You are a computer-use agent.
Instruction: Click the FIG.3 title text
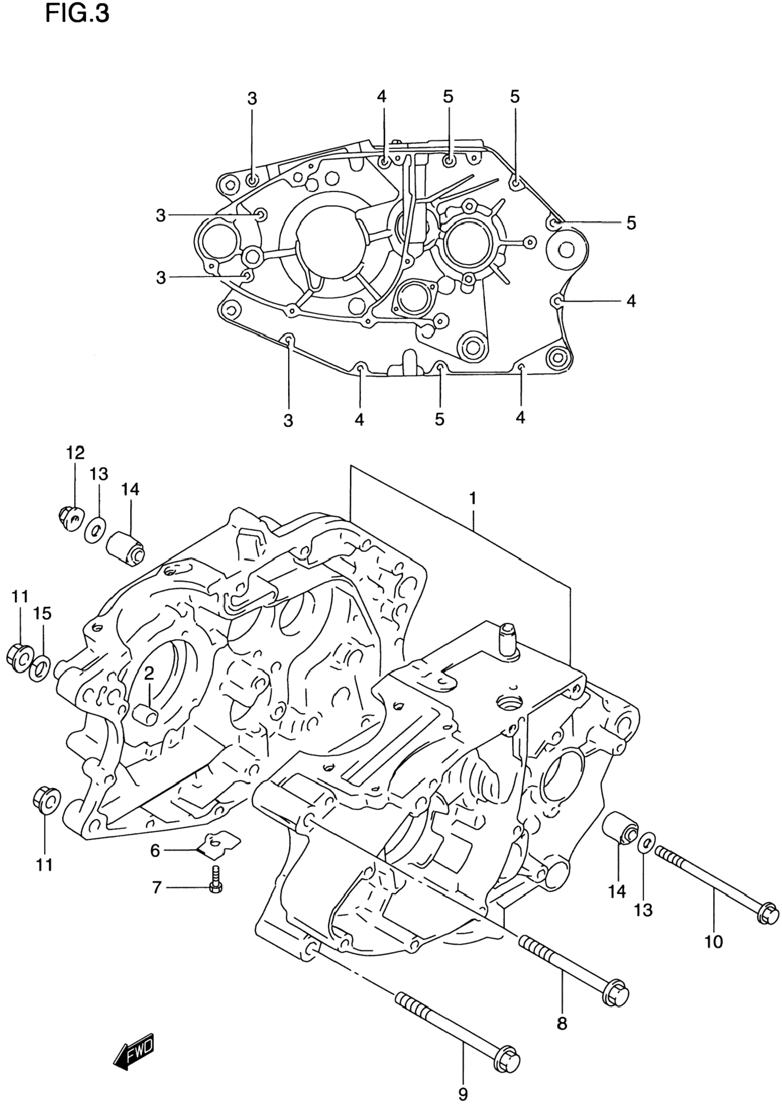coord(77,13)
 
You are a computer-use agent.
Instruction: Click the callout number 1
coord(473,498)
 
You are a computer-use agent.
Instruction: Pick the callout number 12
coord(75,453)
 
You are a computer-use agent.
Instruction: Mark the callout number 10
coord(714,941)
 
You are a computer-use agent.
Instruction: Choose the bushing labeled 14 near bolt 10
coord(621,828)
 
